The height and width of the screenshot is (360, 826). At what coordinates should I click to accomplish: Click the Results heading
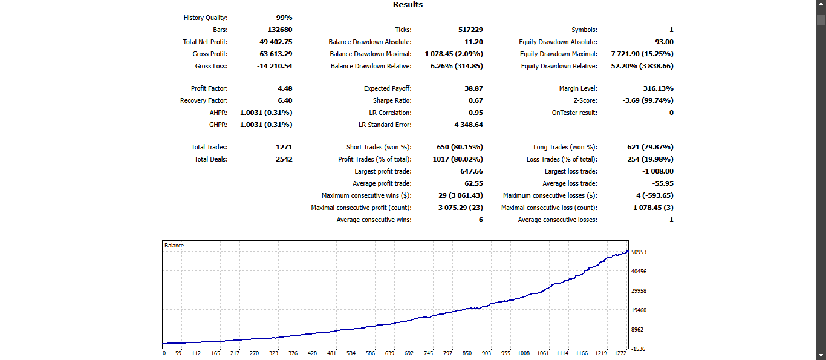pos(408,5)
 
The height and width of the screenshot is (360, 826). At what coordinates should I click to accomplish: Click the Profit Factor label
pos(209,88)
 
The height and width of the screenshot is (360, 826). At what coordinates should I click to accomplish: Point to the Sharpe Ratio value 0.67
pos(475,100)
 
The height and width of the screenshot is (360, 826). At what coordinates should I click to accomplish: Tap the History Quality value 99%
pos(284,18)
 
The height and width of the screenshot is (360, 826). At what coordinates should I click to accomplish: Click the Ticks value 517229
pos(470,30)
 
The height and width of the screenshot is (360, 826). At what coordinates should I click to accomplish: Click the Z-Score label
pos(585,100)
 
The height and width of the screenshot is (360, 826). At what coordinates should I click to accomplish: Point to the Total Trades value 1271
pos(284,147)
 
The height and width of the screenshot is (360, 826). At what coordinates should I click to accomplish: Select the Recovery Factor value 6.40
pos(285,100)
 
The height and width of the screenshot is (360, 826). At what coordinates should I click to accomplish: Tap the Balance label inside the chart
pos(174,246)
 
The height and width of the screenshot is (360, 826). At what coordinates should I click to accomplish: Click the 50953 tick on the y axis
pos(639,252)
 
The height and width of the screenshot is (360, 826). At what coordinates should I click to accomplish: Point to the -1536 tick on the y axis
pos(639,349)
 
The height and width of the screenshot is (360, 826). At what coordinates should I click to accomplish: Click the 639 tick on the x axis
pos(389,353)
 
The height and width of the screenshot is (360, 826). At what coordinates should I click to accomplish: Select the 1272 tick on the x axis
pos(620,353)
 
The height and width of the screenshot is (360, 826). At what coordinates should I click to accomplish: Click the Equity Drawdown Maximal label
pos(558,54)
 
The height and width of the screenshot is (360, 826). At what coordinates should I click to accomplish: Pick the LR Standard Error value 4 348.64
pos(468,125)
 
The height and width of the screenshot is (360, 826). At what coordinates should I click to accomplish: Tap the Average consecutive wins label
pos(374,220)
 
